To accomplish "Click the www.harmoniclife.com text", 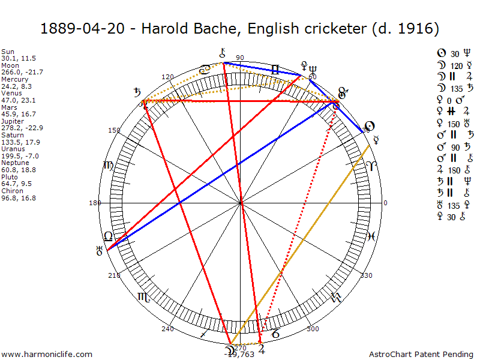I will (x=47, y=354).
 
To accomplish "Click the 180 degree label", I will (x=95, y=203).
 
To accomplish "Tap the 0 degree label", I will (x=385, y=203).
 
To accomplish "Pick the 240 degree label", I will (x=167, y=329).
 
